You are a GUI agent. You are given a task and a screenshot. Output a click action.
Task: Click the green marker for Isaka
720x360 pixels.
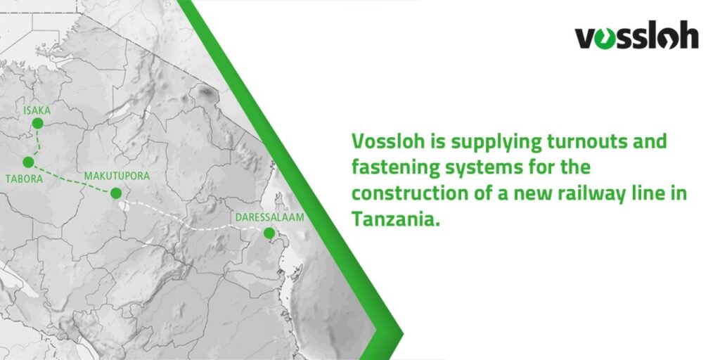[37, 123]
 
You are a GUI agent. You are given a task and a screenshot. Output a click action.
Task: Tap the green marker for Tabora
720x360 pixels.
[28, 162]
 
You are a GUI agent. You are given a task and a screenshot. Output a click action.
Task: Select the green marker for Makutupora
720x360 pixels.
[116, 193]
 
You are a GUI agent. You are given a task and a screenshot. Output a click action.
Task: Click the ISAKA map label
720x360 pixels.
[37, 110]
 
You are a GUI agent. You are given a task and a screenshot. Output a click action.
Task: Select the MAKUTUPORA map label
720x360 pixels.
[117, 176]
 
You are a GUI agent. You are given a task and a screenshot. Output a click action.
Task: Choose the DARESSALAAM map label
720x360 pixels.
[271, 217]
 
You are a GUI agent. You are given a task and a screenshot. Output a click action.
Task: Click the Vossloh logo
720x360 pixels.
[636, 37]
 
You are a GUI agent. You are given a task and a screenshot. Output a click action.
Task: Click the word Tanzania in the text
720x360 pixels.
[395, 219]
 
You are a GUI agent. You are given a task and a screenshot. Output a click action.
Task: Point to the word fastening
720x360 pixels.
[395, 168]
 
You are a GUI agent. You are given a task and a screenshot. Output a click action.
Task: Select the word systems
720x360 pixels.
[486, 168]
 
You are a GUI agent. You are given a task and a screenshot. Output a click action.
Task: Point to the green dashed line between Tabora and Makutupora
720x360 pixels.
[70, 178]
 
